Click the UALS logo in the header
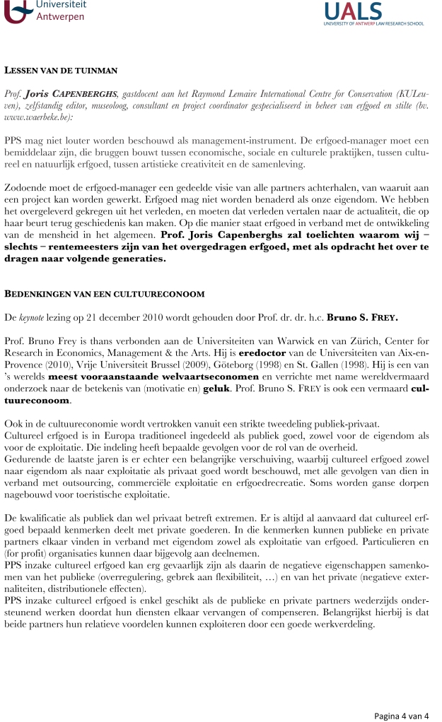coord(373,13)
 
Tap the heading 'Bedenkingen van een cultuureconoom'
coord(95,293)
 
